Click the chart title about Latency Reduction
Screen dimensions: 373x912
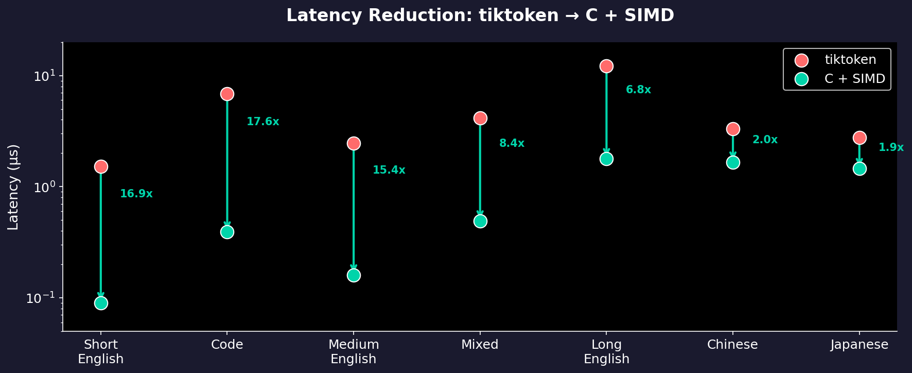click(x=480, y=15)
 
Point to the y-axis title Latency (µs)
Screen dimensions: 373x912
click(x=13, y=187)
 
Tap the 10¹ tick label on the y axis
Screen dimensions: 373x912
click(x=44, y=76)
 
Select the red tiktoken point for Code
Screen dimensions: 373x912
click(x=227, y=94)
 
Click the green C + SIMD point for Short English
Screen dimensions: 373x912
click(x=101, y=303)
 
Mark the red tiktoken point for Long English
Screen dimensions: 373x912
click(x=606, y=66)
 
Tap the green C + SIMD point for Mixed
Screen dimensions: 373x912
click(x=480, y=221)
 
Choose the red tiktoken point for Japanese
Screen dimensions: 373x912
click(x=860, y=138)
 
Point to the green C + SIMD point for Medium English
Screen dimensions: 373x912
click(x=354, y=275)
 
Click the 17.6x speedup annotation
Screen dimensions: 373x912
click(x=262, y=122)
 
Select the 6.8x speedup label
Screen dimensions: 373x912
click(x=638, y=90)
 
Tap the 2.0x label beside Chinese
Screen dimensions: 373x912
click(x=765, y=140)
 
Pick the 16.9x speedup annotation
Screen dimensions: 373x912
click(x=136, y=194)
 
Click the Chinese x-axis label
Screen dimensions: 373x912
click(x=732, y=345)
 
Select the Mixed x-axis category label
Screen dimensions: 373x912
click(x=480, y=345)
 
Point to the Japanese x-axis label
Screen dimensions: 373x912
click(x=859, y=345)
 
